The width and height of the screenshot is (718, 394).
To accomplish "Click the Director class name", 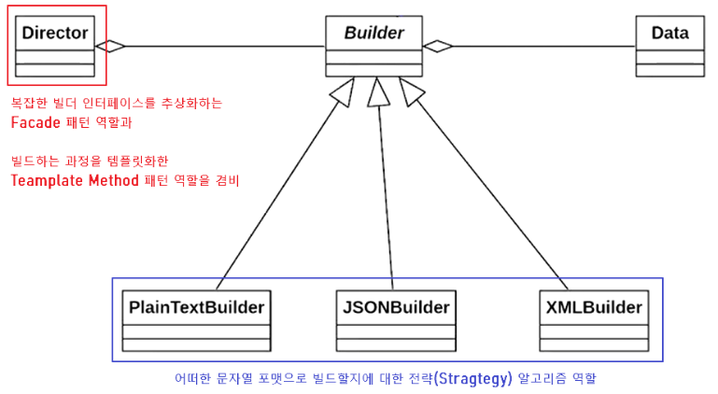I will [x=55, y=34].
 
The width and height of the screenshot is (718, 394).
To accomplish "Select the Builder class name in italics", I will [x=373, y=34].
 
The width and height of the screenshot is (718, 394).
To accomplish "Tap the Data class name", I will [x=669, y=34].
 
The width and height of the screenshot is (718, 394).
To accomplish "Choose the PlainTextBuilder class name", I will [x=196, y=306].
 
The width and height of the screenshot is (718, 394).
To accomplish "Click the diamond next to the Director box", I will [x=110, y=45].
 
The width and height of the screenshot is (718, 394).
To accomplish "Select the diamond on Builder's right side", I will [x=437, y=45].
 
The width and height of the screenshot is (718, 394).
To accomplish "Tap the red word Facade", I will [x=36, y=122].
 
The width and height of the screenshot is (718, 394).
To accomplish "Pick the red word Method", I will [x=120, y=180].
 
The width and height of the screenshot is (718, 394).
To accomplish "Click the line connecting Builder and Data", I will [x=542, y=45].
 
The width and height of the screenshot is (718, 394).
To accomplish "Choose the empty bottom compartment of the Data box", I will [x=669, y=70].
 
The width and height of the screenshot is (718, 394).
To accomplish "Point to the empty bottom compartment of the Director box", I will [x=55, y=70].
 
